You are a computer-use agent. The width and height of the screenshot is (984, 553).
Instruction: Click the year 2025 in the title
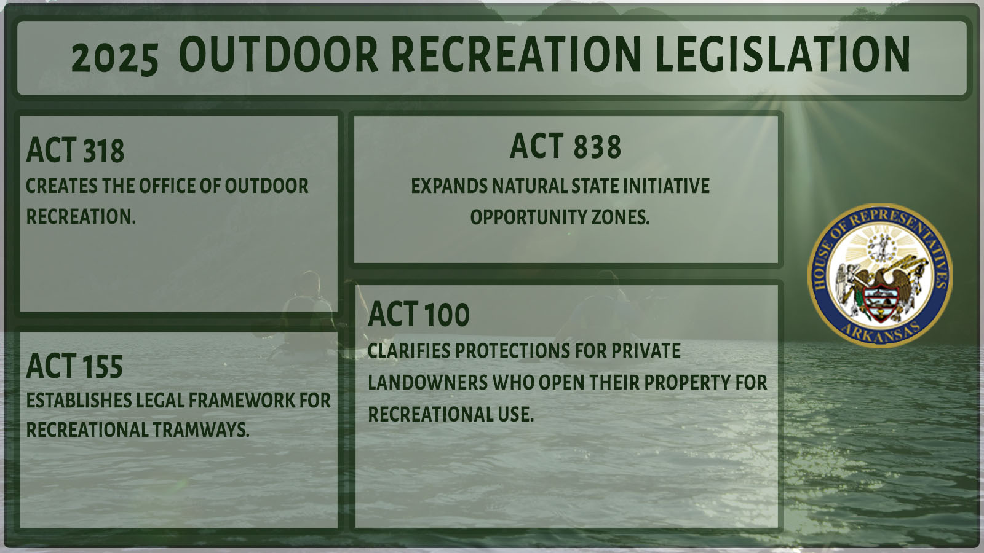[x=114, y=59]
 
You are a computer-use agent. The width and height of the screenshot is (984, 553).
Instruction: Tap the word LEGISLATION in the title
[x=782, y=55]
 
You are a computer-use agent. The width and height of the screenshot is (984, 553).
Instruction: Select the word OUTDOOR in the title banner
[x=279, y=55]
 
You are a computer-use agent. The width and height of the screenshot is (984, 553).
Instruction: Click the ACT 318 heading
[x=75, y=151]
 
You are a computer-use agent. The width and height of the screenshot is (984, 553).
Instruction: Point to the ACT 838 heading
[x=565, y=146]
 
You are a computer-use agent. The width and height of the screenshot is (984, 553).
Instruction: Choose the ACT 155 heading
[x=74, y=366]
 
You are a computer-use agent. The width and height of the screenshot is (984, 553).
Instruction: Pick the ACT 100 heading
[x=419, y=314]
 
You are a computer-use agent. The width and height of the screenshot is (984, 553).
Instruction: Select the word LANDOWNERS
[x=427, y=383]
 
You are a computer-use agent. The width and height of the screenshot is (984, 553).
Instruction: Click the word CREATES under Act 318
[x=62, y=186]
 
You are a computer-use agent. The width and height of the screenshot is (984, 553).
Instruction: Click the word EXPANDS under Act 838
[x=450, y=186]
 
